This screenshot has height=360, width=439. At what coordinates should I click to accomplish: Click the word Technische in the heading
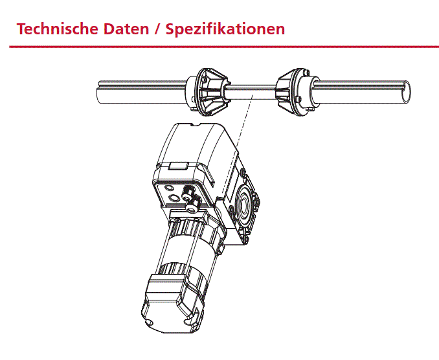(x=58, y=29)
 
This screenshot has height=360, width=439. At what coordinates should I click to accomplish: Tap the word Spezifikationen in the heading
(x=225, y=29)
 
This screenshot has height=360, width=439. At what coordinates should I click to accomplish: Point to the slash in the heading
(x=157, y=29)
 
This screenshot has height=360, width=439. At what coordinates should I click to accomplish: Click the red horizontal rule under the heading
(x=224, y=47)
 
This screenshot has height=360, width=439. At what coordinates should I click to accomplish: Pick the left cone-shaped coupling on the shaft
(x=208, y=92)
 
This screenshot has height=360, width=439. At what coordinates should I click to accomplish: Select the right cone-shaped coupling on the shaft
(x=297, y=92)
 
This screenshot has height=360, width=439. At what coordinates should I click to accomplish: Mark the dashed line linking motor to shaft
(x=238, y=143)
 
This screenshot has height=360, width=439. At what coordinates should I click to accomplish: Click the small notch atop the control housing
(x=195, y=125)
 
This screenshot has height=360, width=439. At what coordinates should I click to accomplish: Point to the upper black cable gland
(x=187, y=192)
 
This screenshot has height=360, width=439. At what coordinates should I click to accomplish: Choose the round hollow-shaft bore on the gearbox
(x=243, y=205)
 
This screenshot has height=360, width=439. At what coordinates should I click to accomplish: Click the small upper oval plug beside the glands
(x=169, y=188)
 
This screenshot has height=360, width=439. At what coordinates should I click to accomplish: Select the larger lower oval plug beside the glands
(x=174, y=198)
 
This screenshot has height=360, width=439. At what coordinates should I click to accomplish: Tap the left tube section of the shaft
(x=141, y=92)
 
